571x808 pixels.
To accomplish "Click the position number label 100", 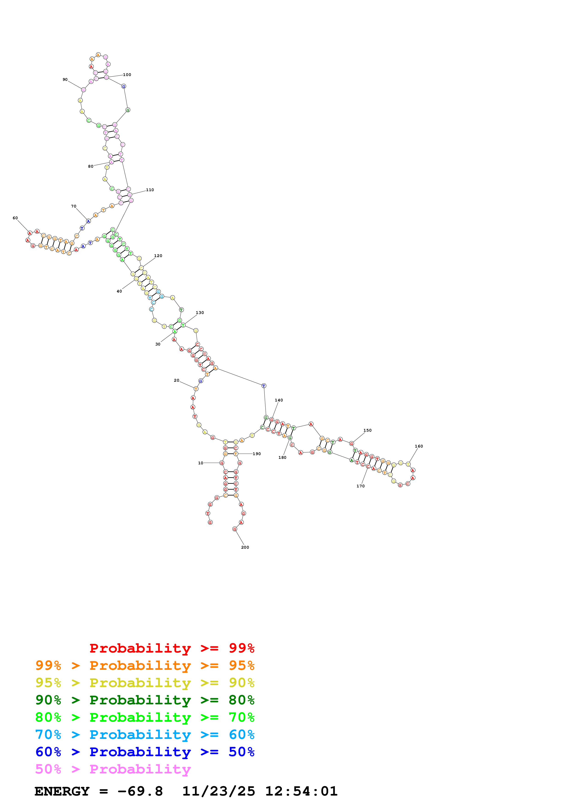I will [x=127, y=75].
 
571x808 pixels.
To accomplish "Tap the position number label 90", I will [x=65, y=79].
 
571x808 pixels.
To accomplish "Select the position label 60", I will [x=15, y=218].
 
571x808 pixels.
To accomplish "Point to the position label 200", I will [x=245, y=547].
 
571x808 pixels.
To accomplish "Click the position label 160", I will [x=419, y=446].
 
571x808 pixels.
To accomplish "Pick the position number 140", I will [x=279, y=400].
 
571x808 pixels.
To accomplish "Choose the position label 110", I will [x=150, y=190].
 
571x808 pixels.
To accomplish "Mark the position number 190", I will [x=257, y=454].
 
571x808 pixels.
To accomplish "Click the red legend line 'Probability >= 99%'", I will [x=172, y=648].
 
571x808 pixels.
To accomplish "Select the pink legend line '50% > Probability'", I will [x=113, y=769].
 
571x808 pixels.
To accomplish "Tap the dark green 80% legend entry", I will [x=145, y=700].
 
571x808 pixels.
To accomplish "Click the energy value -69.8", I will [x=140, y=791].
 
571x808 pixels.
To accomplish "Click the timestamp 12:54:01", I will [x=301, y=791].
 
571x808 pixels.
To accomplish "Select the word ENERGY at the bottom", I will [x=62, y=791].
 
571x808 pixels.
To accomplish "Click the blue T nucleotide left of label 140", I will [x=264, y=386].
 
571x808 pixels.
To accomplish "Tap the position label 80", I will [x=91, y=167].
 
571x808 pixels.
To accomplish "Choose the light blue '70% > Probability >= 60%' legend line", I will [x=145, y=735].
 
